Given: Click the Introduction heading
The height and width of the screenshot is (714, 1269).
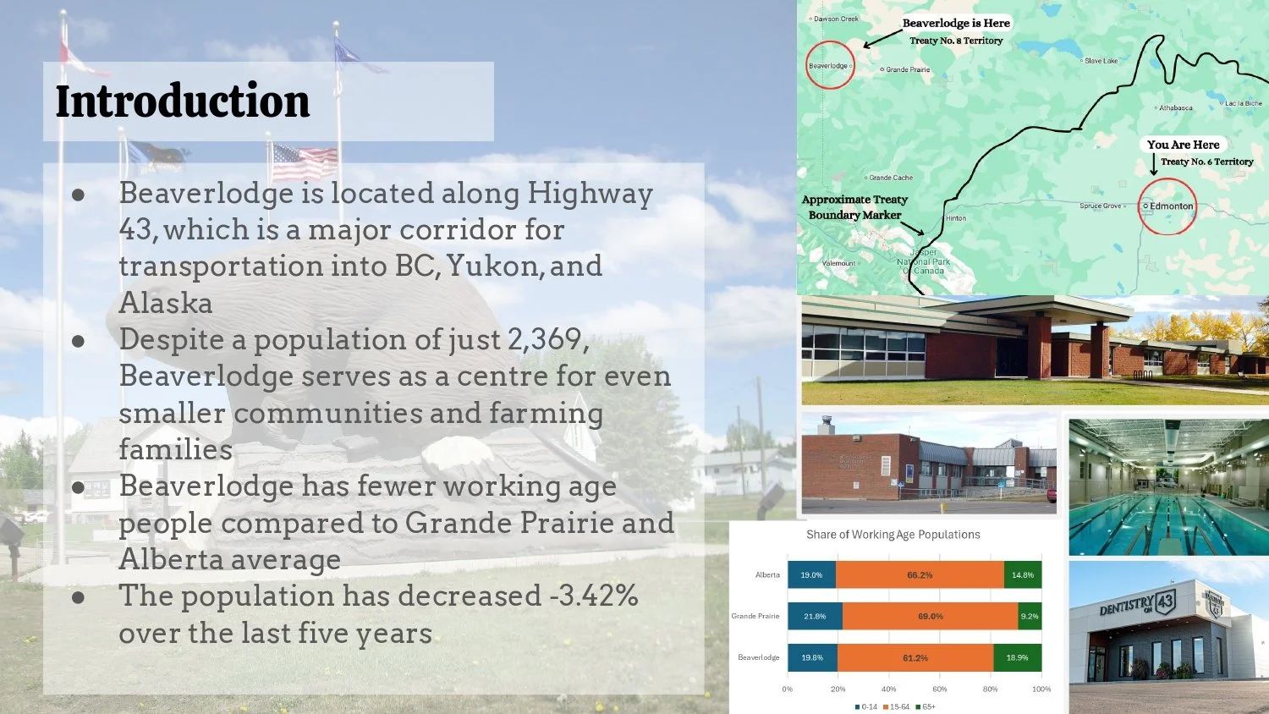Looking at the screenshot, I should [183, 102].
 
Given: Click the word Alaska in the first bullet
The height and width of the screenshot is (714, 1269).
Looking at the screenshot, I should [166, 303].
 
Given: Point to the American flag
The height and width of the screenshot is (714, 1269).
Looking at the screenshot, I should [304, 161].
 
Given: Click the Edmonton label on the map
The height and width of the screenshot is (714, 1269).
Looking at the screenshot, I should [1171, 206].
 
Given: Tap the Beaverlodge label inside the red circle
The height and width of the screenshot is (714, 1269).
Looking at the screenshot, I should [828, 66].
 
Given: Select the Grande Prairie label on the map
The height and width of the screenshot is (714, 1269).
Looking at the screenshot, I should [907, 69].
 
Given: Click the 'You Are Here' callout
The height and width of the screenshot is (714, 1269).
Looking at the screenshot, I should [1183, 145].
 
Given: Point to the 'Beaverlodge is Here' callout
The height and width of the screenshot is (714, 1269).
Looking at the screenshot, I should [956, 24].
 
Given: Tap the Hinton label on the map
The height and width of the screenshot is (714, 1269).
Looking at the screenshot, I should [955, 218].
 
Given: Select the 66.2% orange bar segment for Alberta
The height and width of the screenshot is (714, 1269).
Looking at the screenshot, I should [920, 575].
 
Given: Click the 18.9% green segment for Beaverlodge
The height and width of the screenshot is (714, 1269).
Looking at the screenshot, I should [1017, 657].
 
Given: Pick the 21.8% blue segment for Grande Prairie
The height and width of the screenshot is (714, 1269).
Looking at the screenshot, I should [815, 616].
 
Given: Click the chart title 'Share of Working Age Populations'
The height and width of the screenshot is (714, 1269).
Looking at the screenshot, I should [893, 535].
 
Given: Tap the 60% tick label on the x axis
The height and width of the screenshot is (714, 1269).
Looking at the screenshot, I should [939, 689].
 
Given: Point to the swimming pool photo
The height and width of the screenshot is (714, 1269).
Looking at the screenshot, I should [1168, 487].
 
